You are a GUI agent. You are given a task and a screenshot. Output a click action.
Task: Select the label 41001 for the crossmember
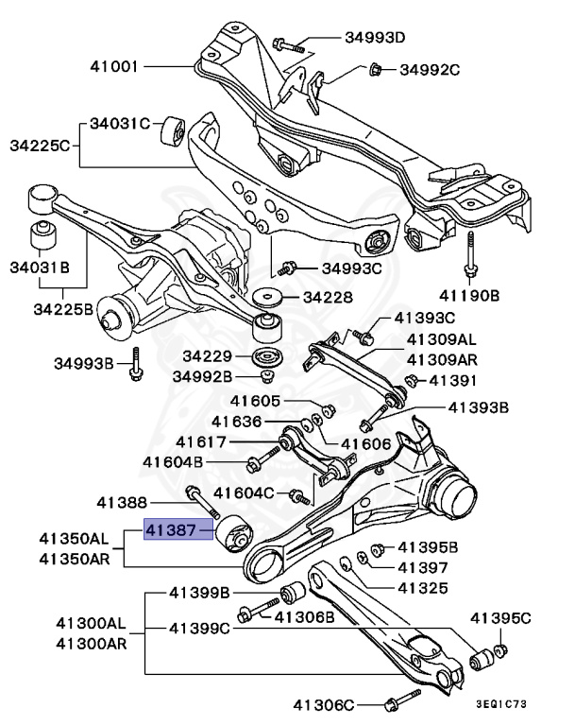[x=114, y=67]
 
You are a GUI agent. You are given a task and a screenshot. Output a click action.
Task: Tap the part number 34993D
[x=374, y=39]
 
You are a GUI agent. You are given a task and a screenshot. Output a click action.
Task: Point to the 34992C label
[x=429, y=69]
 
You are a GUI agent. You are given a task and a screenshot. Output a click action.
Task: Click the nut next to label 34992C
[x=375, y=67]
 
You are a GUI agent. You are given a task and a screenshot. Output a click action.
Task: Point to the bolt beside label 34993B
[x=137, y=365]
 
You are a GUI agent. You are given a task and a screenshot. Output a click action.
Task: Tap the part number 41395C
[x=500, y=618]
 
